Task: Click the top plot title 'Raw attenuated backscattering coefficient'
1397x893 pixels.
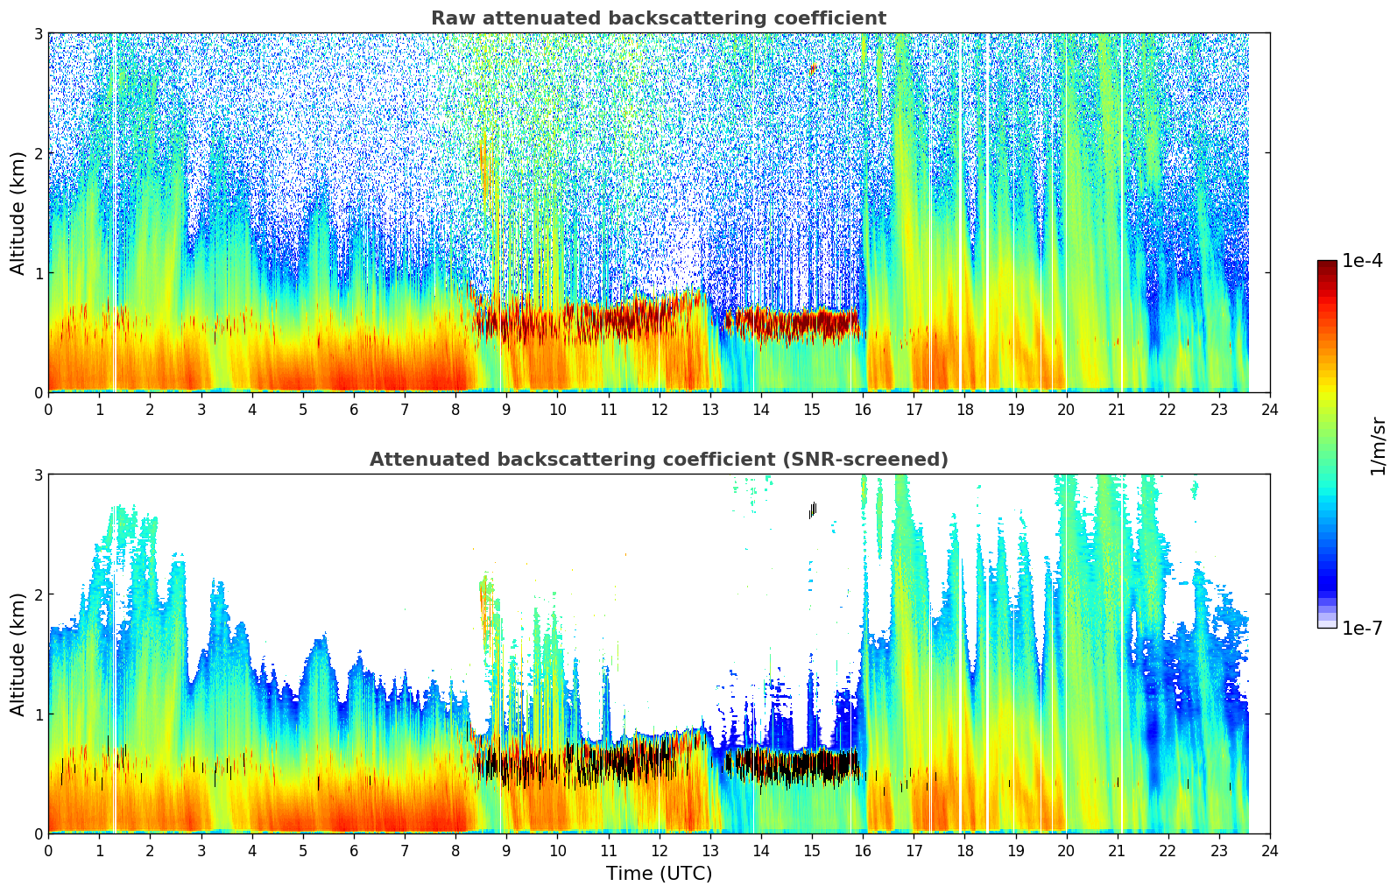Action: (658, 18)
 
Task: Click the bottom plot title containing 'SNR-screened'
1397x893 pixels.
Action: (658, 460)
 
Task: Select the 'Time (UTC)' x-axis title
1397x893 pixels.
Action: (659, 874)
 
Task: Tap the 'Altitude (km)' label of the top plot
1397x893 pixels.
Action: (18, 213)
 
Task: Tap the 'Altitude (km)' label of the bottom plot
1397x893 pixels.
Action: (18, 654)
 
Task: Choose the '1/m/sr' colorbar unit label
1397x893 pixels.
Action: (1378, 446)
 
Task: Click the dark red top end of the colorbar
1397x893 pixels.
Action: (1327, 264)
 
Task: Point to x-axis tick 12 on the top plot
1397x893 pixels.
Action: (659, 409)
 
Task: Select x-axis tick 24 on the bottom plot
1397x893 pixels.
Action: (1269, 850)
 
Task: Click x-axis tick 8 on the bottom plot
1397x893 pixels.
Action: (455, 850)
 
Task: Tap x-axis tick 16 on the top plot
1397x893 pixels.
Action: (863, 409)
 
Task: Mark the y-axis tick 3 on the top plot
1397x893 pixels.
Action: (39, 33)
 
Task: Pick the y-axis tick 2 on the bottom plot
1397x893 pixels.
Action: (39, 594)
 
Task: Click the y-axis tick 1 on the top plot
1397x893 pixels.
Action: (39, 273)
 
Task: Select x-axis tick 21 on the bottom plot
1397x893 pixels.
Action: (1117, 850)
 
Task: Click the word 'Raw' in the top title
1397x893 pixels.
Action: (448, 18)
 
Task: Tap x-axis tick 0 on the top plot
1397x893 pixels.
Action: (48, 409)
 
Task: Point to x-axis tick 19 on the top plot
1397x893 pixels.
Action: (1015, 409)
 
